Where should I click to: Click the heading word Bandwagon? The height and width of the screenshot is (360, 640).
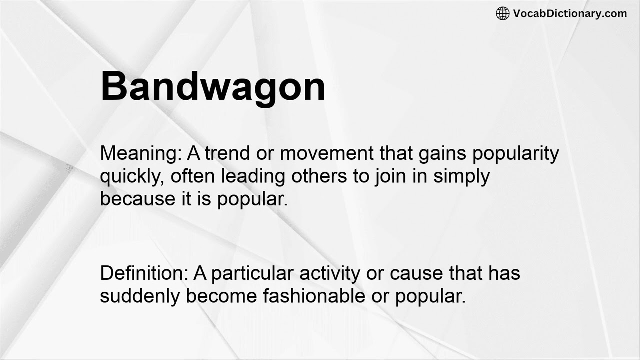213,86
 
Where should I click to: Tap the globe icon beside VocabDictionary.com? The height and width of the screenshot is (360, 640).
502,13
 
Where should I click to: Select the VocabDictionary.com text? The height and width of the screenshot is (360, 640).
570,13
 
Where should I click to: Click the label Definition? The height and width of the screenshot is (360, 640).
144,273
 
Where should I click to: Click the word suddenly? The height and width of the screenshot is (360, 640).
140,296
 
